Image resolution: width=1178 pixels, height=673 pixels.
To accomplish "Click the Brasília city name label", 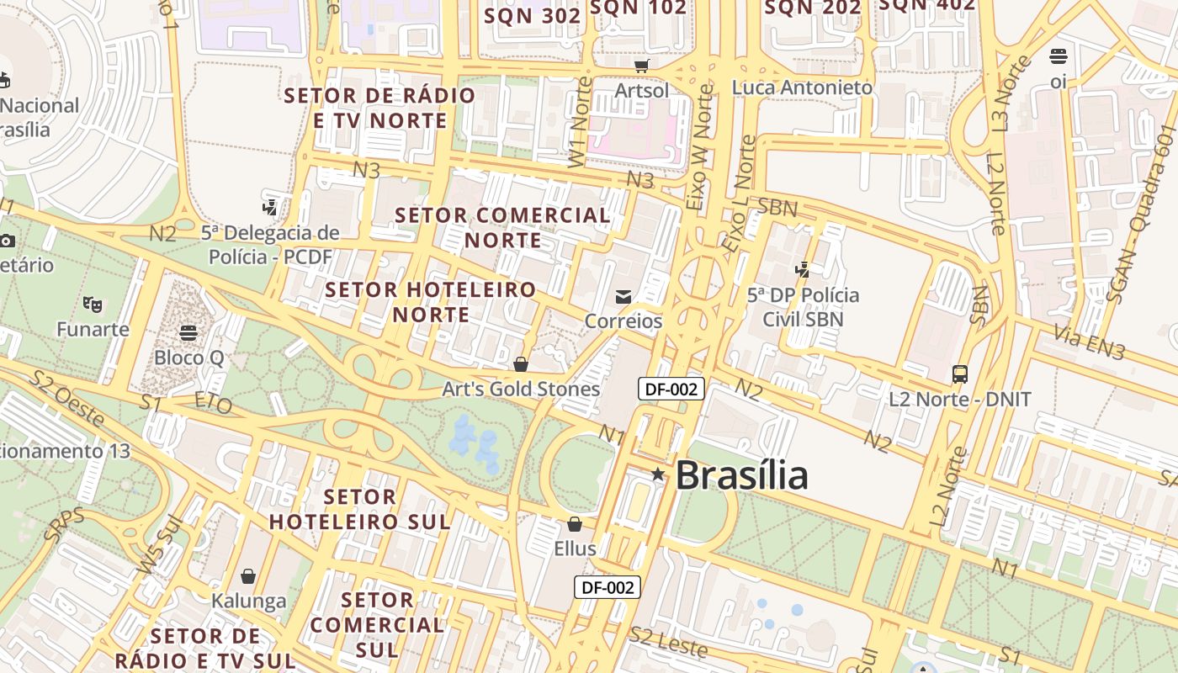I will click(x=741, y=475).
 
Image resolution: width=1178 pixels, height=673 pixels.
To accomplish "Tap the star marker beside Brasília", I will click(x=658, y=475).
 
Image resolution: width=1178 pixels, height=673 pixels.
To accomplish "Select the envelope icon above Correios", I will click(x=623, y=296).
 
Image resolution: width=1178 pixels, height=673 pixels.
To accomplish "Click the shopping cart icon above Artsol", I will click(x=642, y=66).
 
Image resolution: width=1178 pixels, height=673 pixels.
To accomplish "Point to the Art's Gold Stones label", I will click(x=521, y=389).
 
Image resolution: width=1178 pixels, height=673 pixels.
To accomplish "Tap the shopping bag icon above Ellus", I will click(x=575, y=524).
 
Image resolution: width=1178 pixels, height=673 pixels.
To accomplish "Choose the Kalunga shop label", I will click(x=248, y=601).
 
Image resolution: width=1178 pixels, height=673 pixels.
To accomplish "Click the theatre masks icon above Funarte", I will click(x=93, y=304).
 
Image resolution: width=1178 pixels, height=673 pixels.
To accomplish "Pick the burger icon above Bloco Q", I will click(x=188, y=332).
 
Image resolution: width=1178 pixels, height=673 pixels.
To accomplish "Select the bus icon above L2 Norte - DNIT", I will click(x=960, y=374).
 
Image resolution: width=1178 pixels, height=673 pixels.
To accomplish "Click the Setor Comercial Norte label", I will click(x=503, y=227).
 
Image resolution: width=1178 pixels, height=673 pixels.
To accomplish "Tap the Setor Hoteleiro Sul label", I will click(x=359, y=509).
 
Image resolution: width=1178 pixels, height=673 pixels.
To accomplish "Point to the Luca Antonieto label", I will click(x=802, y=87).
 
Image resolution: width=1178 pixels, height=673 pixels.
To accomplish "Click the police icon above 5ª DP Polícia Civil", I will click(x=803, y=270).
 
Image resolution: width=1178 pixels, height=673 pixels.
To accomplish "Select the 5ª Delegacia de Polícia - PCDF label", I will click(x=270, y=244).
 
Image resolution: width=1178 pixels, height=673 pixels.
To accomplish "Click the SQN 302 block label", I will click(x=532, y=15).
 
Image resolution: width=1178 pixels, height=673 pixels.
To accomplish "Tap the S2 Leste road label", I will click(x=669, y=642).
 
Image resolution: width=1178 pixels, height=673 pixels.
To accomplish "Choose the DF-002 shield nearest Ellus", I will click(x=608, y=587).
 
